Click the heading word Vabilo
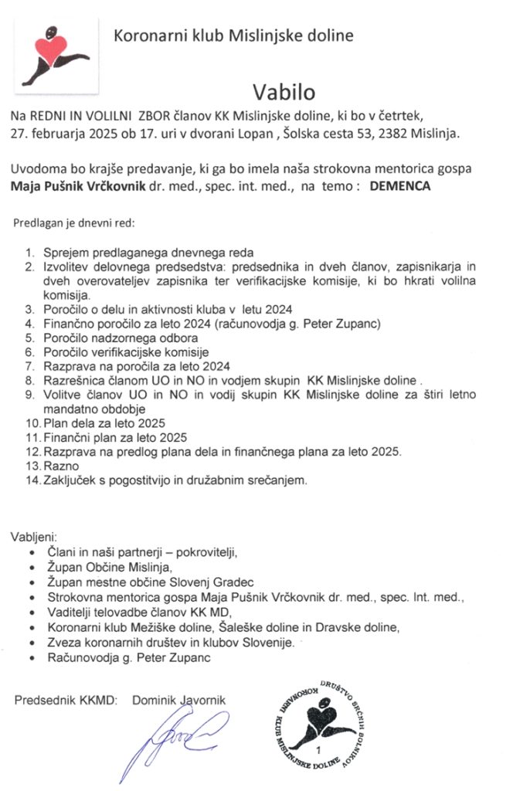pos(282,92)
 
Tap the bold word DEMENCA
pos(400,186)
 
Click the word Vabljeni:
pos(34,537)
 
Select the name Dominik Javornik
pos(178,700)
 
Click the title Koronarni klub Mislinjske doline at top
pos(233,35)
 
